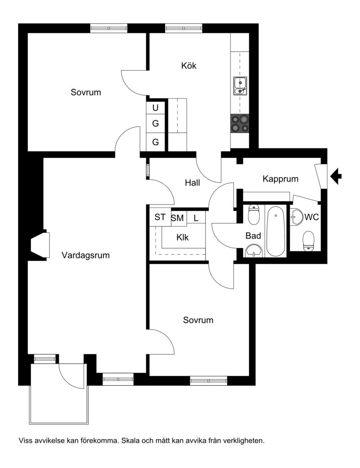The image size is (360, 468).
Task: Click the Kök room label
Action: coord(189,66)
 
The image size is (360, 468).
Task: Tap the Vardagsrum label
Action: coord(86,255)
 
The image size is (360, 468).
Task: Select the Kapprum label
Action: coord(280,179)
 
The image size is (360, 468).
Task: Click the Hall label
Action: coord(193,183)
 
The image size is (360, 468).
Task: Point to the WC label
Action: coord(311,217)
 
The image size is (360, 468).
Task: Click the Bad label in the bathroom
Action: coord(253,236)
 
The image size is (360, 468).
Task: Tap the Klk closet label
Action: coord(183,237)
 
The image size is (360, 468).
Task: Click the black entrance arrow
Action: coord(336,176)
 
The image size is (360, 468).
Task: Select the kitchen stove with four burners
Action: coord(239,123)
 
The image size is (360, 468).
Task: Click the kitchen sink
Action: coord(240,86)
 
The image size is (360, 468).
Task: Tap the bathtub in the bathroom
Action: coord(275,231)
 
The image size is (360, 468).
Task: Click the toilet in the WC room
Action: coord(308,241)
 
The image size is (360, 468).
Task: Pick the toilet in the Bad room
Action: coord(254,214)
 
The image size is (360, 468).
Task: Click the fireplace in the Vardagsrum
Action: coord(40,245)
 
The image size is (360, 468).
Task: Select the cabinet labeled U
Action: coord(155,108)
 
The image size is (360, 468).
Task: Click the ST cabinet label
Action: coord(160,217)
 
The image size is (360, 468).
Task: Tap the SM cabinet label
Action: coord(177,218)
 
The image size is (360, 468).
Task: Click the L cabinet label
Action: coord(196,218)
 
